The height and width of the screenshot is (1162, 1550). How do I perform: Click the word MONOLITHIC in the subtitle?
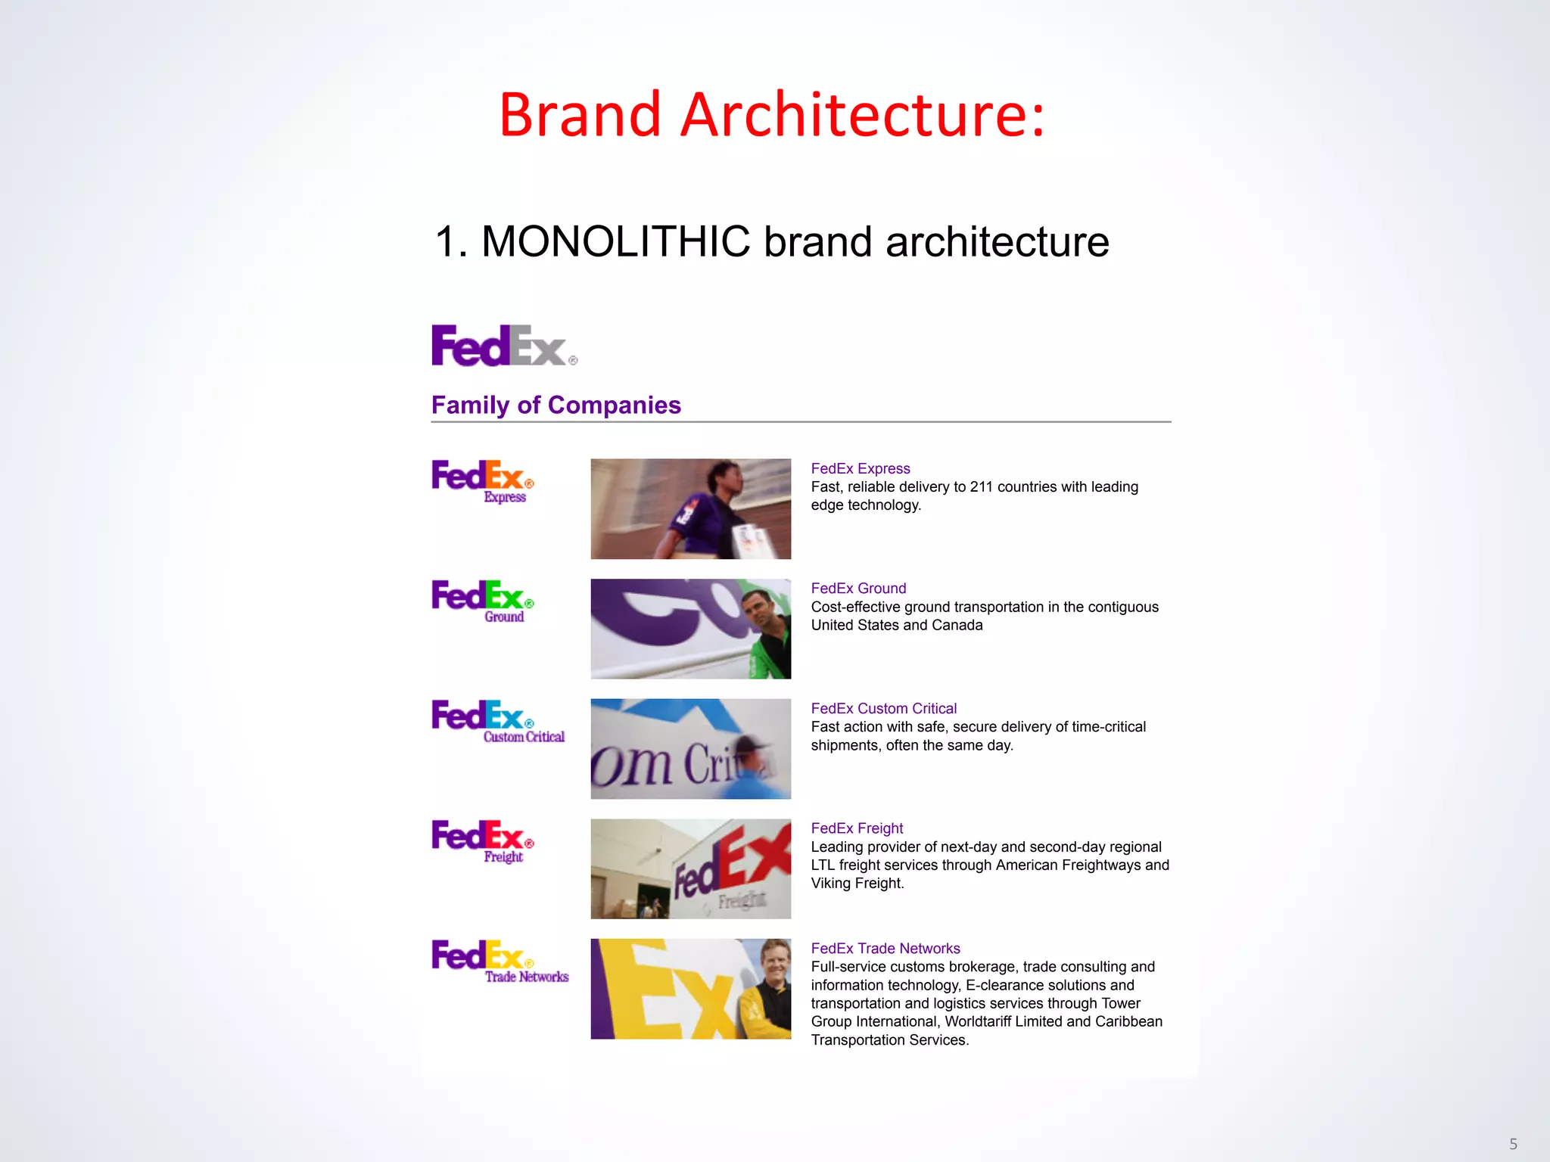point(615,242)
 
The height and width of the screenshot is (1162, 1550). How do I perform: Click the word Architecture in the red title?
point(863,115)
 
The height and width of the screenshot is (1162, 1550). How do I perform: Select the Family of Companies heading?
point(556,405)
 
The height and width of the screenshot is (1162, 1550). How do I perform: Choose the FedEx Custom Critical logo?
point(496,721)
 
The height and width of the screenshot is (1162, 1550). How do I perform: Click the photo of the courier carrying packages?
point(690,508)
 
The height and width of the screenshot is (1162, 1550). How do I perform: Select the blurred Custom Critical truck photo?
point(690,749)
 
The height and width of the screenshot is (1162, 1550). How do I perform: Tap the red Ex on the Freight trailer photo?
point(749,855)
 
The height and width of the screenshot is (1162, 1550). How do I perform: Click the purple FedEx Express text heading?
point(861,468)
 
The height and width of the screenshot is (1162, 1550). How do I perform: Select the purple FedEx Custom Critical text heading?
point(883,709)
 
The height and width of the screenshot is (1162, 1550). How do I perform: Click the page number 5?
point(1513,1144)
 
